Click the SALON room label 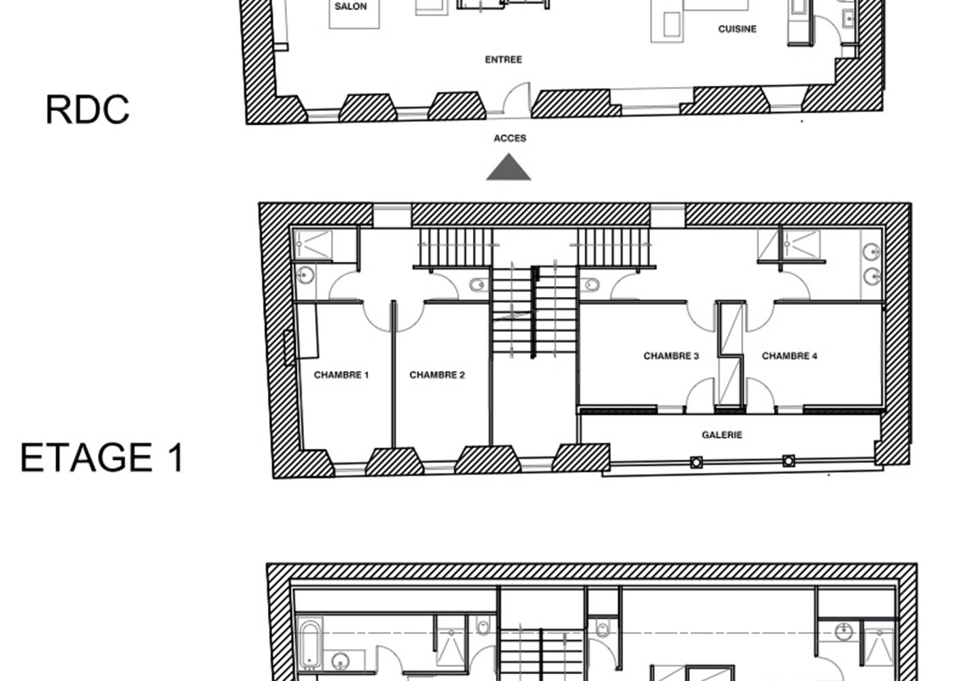tap(351, 7)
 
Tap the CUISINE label tap(737, 29)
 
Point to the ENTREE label tap(504, 60)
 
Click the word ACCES tap(510, 138)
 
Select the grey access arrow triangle tap(508, 169)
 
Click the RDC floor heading tap(87, 110)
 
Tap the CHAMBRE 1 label tap(341, 375)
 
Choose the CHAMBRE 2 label tap(437, 375)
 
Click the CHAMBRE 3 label tap(671, 356)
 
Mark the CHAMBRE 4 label tap(789, 356)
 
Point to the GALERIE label tap(722, 435)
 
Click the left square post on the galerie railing tap(696, 463)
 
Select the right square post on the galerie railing tap(788, 461)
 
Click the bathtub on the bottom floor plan tap(310, 644)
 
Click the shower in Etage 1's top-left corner tap(313, 244)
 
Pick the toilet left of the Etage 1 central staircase tap(478, 285)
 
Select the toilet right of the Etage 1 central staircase tap(589, 284)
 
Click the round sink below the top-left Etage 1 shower tap(306, 276)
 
